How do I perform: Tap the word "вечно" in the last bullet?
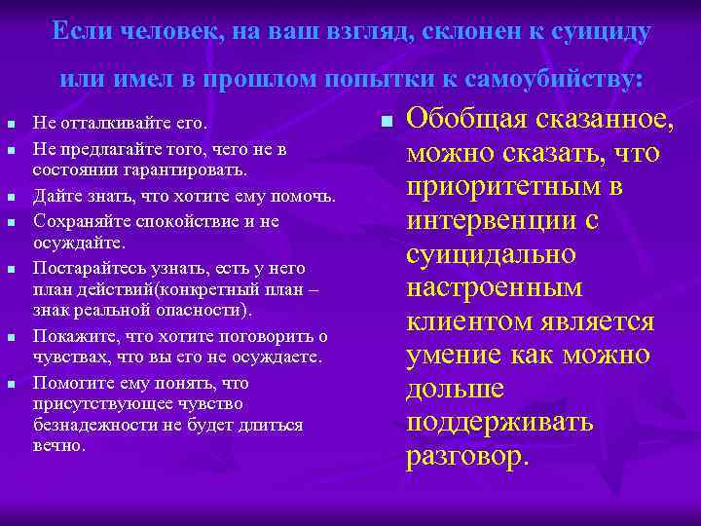click(57, 447)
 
